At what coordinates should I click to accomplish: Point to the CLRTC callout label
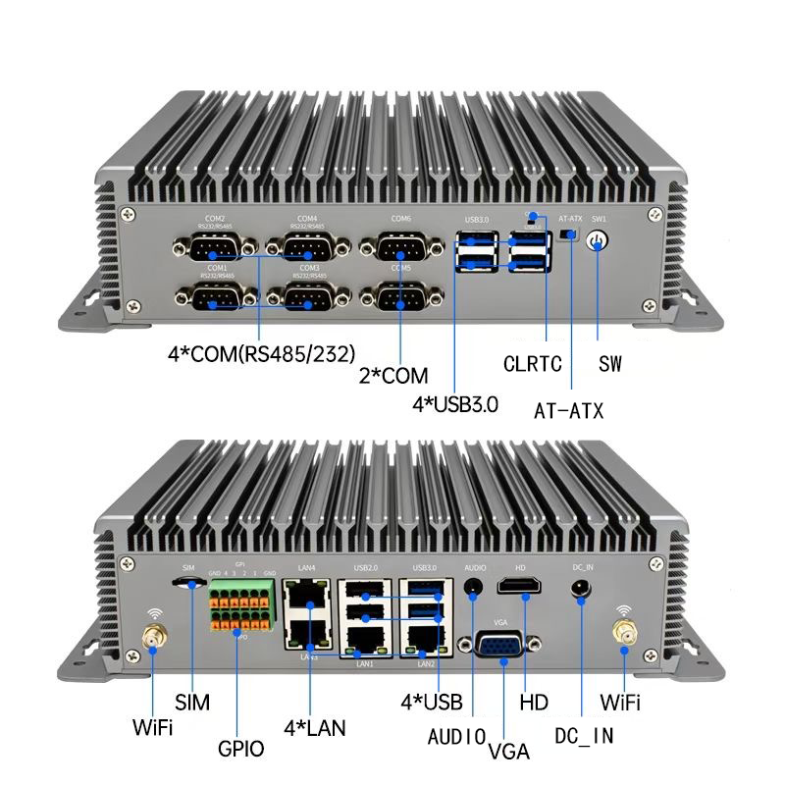point(533,365)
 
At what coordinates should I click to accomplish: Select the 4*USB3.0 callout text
point(455,403)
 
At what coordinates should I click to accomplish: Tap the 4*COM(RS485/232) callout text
point(261,351)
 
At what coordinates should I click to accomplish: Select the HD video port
point(519,587)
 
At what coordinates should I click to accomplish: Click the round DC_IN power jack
point(582,588)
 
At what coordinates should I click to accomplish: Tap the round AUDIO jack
point(474,588)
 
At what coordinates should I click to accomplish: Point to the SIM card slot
point(189,583)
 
